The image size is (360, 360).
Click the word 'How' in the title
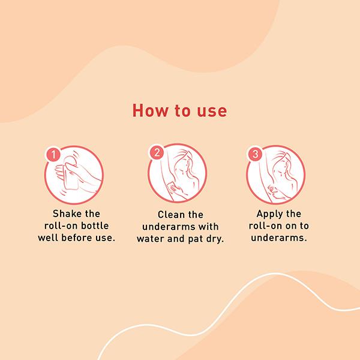point(150,110)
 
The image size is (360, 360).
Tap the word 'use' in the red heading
point(212,112)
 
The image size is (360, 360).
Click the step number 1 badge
point(53,155)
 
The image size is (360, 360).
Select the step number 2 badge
point(157,152)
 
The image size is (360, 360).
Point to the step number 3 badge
point(255,154)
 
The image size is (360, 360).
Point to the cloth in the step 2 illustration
point(172,187)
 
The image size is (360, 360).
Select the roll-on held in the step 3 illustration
point(271,189)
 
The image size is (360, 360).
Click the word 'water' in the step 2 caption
point(151,239)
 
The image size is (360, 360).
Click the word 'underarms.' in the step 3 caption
point(279,238)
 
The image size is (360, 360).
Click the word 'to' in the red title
point(182,111)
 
